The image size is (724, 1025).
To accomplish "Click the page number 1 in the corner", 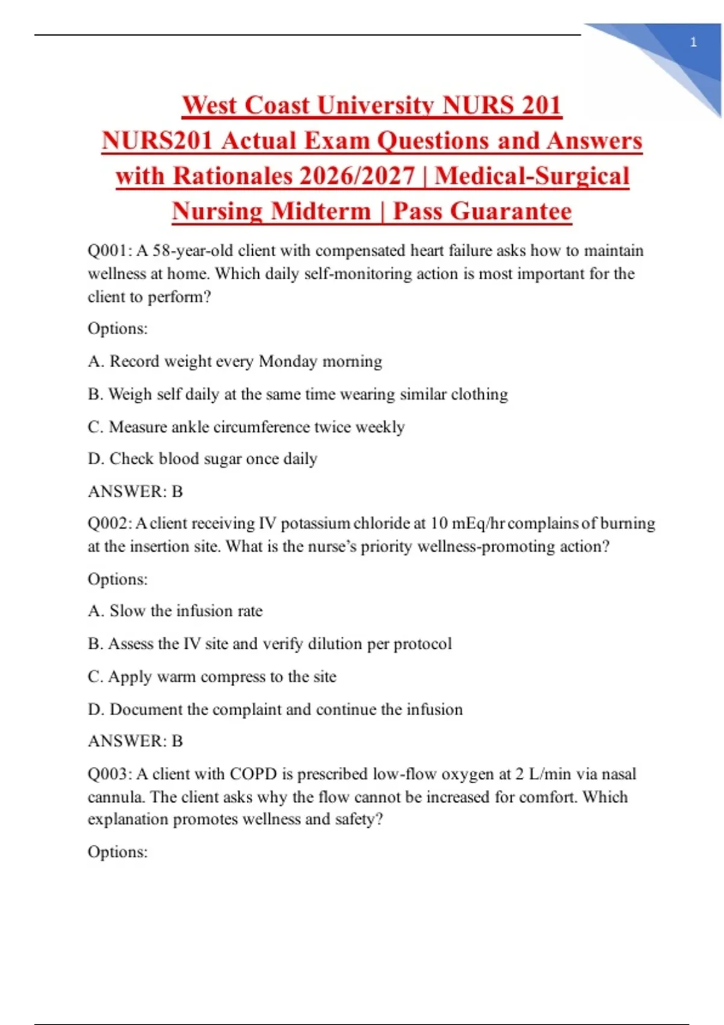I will (x=693, y=42).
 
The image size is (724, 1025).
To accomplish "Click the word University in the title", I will (x=376, y=106).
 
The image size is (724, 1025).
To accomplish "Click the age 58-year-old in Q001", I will (x=192, y=251).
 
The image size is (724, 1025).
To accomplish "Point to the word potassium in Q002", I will (x=316, y=523).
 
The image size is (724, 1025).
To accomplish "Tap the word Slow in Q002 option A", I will (x=127, y=611).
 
